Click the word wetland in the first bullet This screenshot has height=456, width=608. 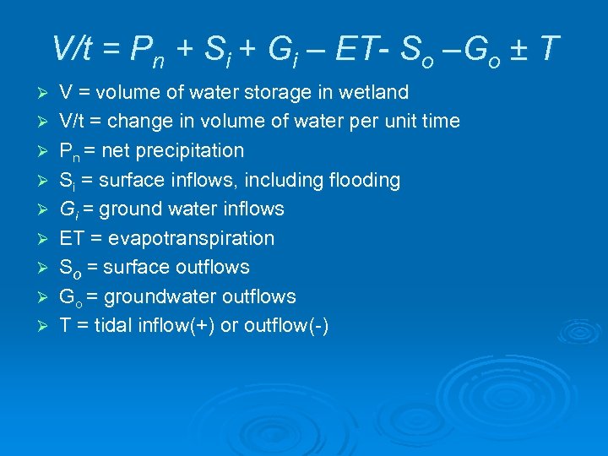coord(375,92)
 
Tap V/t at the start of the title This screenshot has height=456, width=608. coord(72,49)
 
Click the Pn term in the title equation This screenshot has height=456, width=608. coord(147,51)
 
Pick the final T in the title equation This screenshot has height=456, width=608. coord(547,49)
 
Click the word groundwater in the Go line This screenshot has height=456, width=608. coord(160,297)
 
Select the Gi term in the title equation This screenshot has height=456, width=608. coord(280,51)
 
